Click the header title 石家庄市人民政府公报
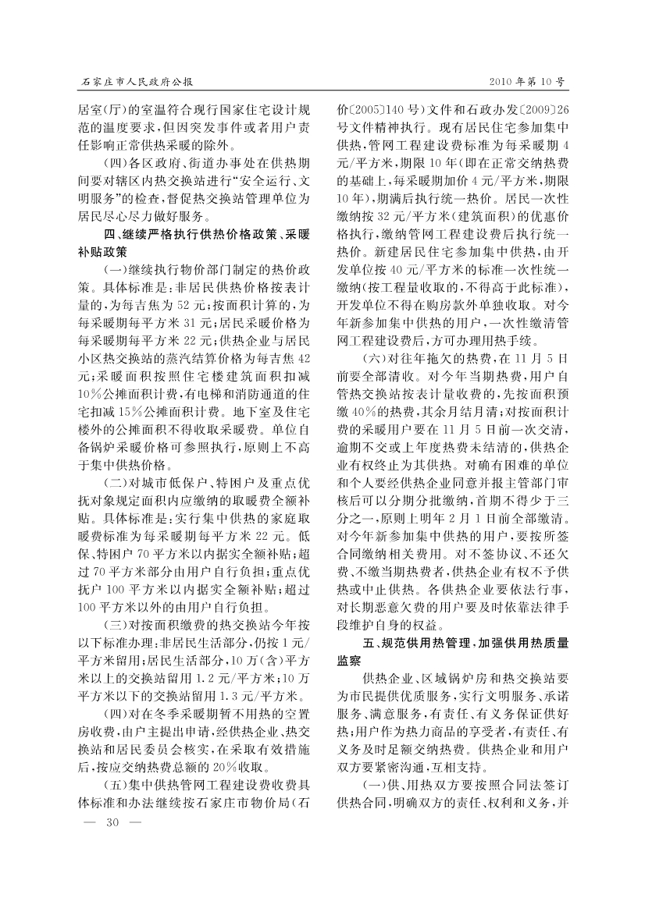pos(137,80)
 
